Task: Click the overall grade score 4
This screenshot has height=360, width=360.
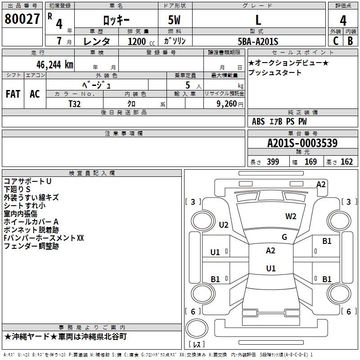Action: pos(343,20)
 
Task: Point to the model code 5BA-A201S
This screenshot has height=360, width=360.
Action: pos(258,41)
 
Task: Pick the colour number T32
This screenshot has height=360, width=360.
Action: pos(75,103)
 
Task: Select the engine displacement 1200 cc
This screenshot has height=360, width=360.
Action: pos(137,41)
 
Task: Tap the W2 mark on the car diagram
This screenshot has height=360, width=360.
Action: pos(291,216)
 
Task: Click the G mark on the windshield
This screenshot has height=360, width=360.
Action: pos(284,237)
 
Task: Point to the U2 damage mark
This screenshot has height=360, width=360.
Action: pos(224,225)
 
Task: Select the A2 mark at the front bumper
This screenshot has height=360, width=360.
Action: pos(321,184)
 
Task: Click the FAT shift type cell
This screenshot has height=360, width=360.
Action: pos(13,94)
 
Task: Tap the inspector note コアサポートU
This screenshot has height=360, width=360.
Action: pos(27,181)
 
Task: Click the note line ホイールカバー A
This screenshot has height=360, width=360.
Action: pos(31,221)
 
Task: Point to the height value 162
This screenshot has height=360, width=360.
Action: pos(346,162)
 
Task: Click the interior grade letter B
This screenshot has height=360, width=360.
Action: pos(350,41)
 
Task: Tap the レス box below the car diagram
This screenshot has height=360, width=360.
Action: pos(196,345)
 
